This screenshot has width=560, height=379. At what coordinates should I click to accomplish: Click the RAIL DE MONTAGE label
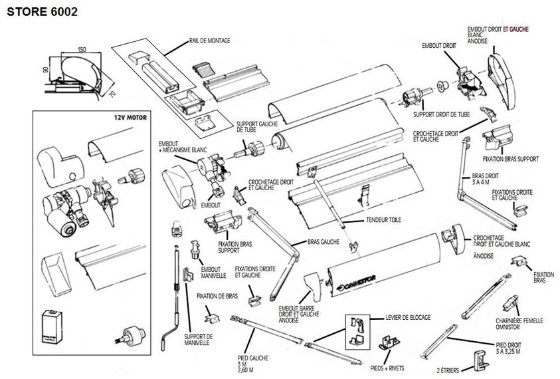pyautogui.click(x=211, y=41)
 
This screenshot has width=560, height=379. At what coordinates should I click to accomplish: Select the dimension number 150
pyautogui.click(x=81, y=49)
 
